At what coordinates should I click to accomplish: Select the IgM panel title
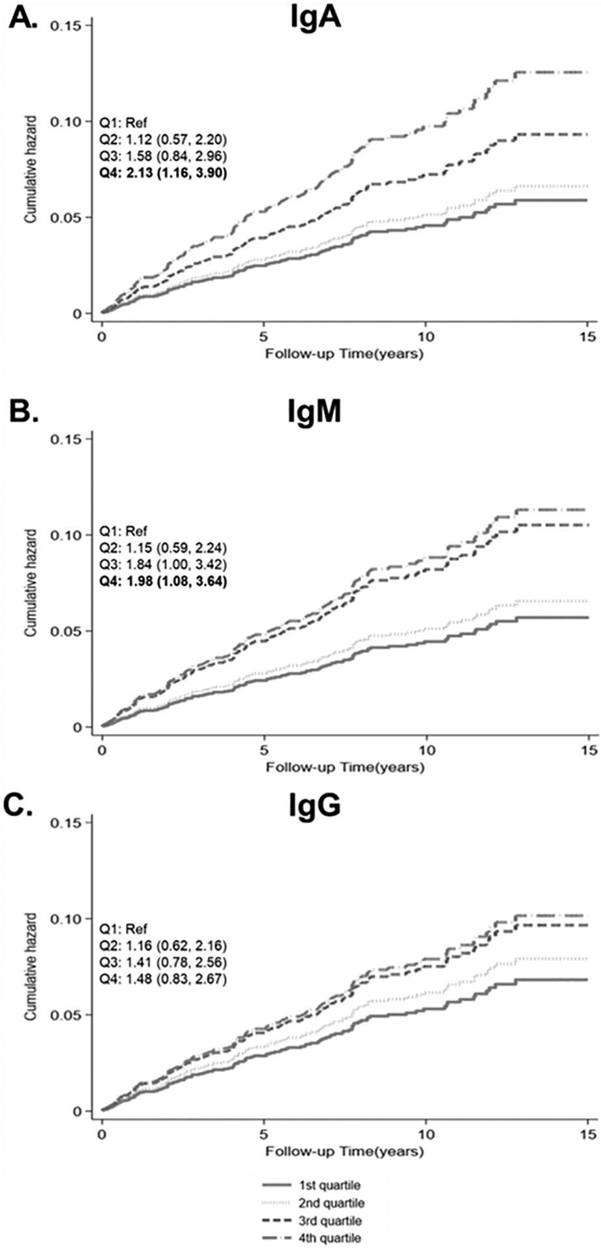(x=315, y=412)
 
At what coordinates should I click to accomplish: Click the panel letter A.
(x=23, y=20)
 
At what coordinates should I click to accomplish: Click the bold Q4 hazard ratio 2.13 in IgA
(x=163, y=173)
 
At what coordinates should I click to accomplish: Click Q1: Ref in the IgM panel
(x=123, y=531)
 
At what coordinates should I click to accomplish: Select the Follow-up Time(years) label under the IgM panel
(x=345, y=768)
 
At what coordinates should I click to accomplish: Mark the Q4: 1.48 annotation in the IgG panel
(x=163, y=979)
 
